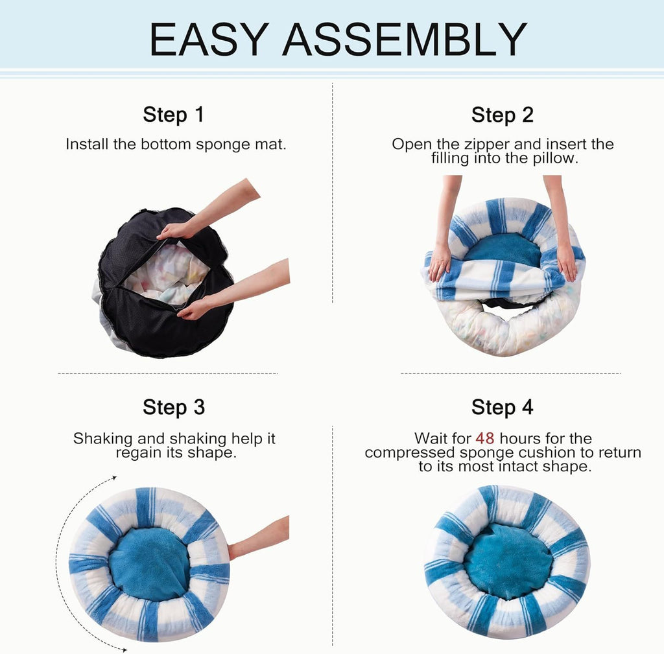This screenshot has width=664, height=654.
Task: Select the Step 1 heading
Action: [173, 115]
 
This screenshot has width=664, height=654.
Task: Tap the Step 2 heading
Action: [502, 115]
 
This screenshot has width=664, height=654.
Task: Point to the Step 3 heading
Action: [173, 407]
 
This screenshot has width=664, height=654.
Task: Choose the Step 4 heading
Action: [502, 407]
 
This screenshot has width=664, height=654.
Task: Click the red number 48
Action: [485, 439]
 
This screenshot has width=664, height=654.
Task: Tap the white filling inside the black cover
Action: [165, 272]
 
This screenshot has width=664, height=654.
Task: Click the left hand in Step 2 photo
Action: [440, 261]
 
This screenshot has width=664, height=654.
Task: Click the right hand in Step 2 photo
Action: [566, 261]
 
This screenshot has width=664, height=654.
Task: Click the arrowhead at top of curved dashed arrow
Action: [113, 478]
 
